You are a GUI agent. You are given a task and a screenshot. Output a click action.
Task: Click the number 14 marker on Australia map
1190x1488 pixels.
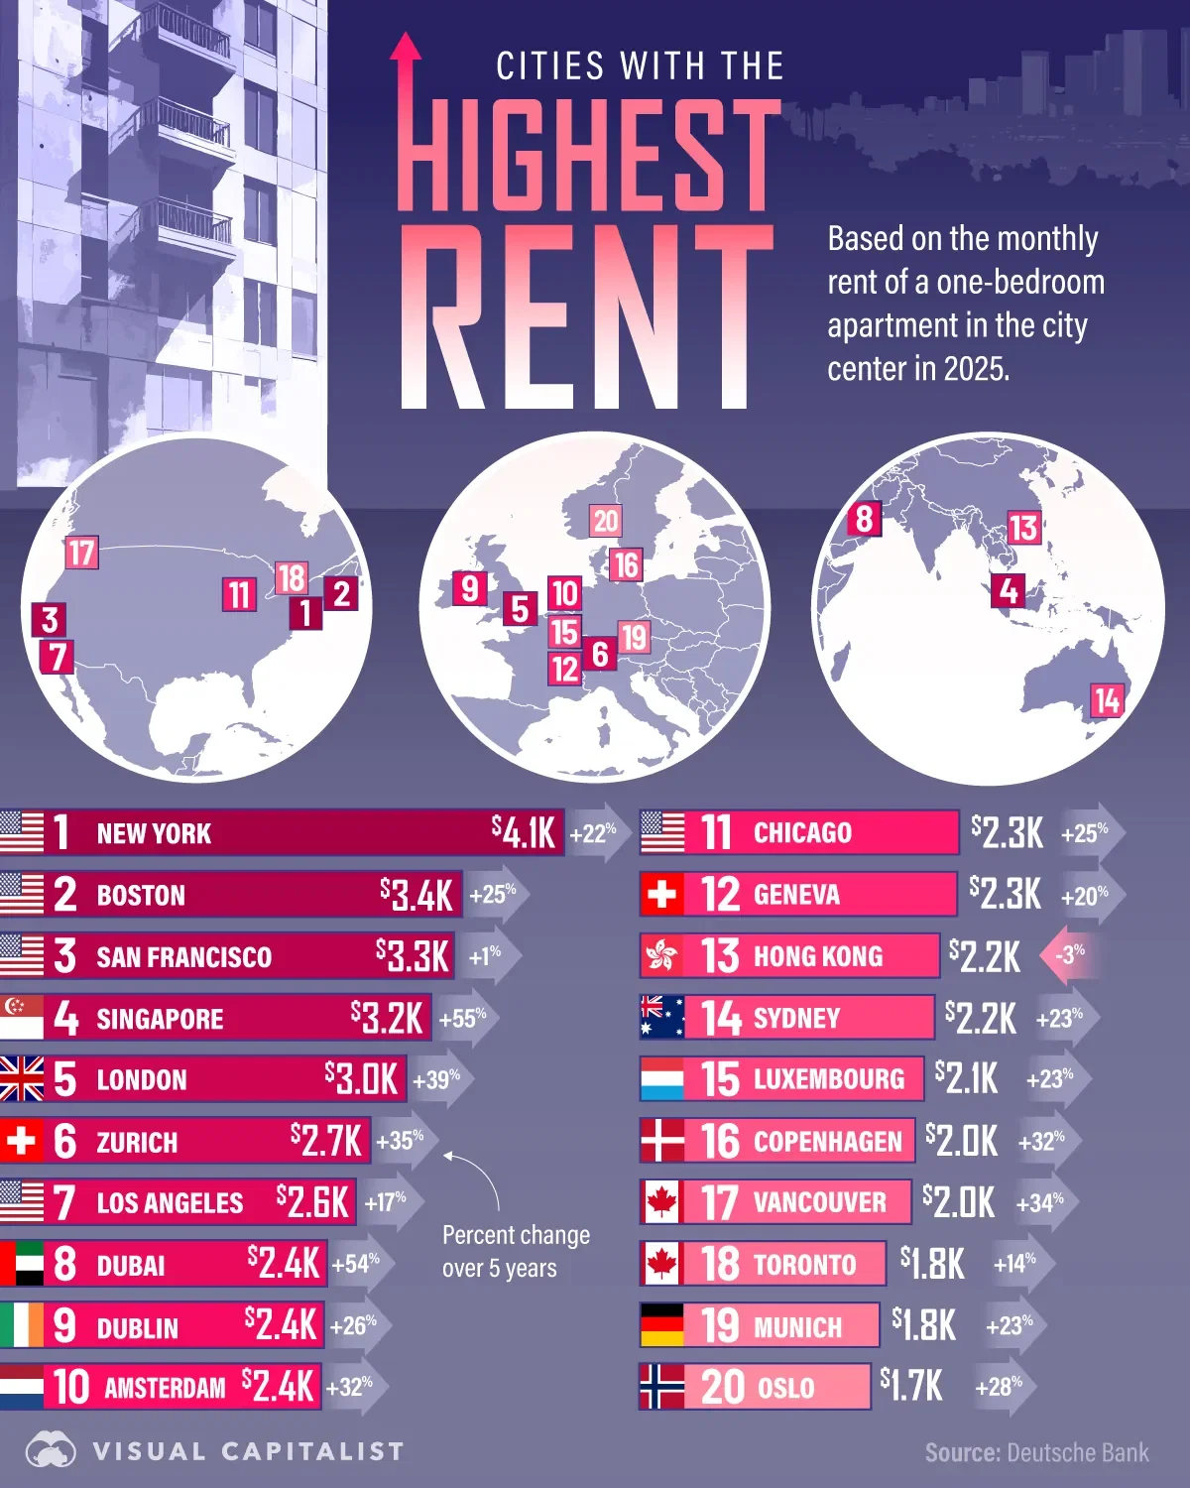(1107, 701)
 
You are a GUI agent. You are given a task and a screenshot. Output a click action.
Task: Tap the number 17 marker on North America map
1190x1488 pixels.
(81, 553)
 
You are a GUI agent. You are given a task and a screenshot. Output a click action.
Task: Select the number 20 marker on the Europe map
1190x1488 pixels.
(605, 521)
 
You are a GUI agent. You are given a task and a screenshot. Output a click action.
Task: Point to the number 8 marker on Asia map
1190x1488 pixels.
(864, 518)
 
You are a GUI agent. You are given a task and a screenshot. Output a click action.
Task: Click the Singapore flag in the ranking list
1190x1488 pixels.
(21, 1018)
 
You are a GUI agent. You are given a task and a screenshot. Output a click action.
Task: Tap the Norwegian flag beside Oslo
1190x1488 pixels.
(661, 1387)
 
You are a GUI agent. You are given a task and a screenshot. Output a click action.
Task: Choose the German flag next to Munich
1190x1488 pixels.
(661, 1325)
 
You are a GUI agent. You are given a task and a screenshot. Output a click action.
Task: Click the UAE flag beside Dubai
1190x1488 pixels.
(21, 1264)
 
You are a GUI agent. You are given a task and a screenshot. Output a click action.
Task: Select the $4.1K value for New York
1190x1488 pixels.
(524, 832)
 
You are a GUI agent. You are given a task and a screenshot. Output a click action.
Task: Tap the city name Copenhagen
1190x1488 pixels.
(827, 1142)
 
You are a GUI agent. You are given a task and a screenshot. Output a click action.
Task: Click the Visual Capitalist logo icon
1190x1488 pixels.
(51, 1451)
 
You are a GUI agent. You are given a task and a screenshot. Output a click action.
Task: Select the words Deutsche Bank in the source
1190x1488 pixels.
(1077, 1453)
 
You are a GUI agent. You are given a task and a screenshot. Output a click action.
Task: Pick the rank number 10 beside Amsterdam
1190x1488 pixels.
(71, 1387)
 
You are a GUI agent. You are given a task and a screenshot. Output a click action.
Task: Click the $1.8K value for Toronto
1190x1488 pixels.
(932, 1264)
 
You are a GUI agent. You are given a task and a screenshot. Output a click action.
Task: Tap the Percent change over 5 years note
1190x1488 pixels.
(515, 1251)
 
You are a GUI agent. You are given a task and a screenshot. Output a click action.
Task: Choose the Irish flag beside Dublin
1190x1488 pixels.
(21, 1325)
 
